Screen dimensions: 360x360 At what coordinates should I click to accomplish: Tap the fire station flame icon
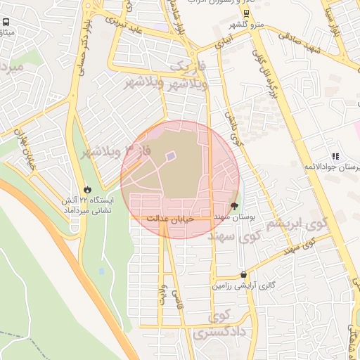coord(87,189)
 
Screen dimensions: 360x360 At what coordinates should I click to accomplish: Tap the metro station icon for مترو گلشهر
coord(245,13)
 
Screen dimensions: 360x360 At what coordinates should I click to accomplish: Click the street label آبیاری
coord(229,42)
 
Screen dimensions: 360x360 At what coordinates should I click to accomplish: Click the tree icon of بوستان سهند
coord(234,208)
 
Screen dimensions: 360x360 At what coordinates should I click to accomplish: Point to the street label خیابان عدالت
coord(166,220)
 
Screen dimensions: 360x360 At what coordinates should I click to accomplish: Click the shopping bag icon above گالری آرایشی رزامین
coord(243,275)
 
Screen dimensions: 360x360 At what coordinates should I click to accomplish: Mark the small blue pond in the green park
coord(102,271)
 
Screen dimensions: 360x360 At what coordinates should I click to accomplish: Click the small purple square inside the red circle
coord(170,156)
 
